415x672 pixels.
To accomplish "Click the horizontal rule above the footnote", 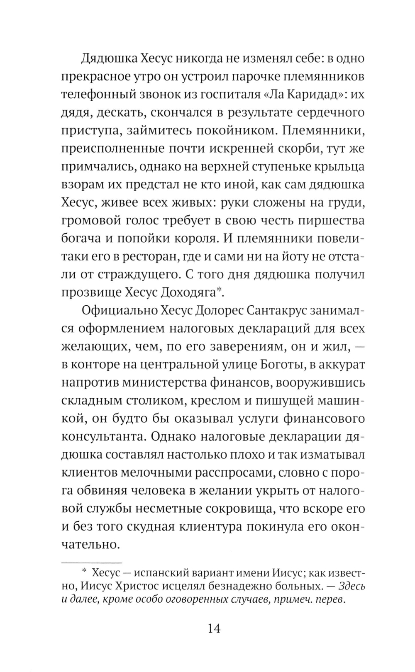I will (x=87, y=562).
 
